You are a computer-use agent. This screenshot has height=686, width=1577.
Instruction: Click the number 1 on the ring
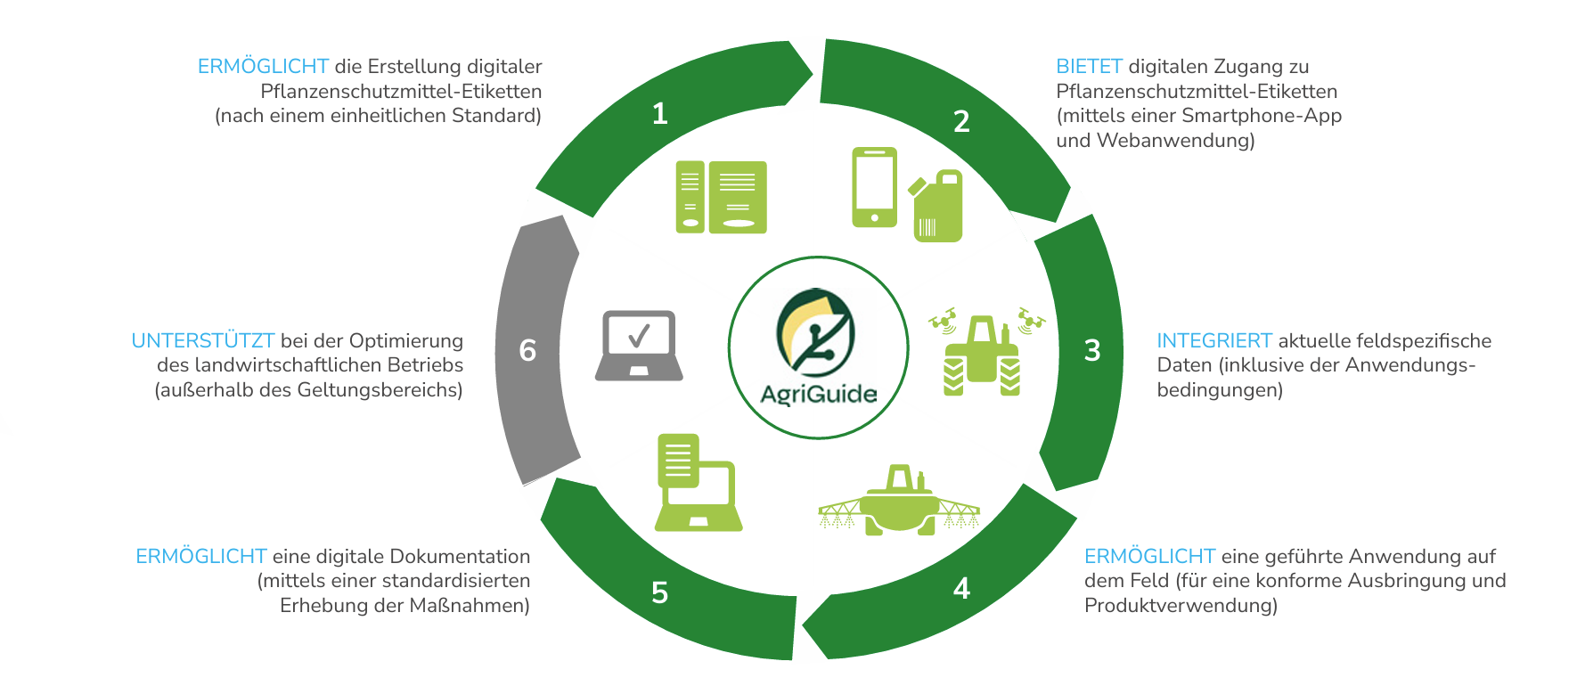(x=659, y=114)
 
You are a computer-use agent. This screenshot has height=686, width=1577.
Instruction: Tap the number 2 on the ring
(x=961, y=121)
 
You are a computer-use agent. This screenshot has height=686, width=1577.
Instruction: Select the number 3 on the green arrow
(x=1092, y=350)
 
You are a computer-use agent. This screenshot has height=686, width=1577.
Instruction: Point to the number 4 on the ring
(x=961, y=588)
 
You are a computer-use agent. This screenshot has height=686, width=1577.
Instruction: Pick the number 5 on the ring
(x=659, y=592)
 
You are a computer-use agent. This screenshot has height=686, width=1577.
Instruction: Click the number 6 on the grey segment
(x=527, y=350)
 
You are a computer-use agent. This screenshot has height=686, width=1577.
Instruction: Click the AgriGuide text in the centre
(x=818, y=393)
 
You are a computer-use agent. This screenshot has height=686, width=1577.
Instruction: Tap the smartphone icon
(x=874, y=187)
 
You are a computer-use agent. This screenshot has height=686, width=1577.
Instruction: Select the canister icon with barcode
(x=936, y=207)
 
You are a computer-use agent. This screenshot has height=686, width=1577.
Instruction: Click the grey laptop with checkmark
(x=639, y=346)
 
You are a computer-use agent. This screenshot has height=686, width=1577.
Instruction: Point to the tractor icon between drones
(x=982, y=355)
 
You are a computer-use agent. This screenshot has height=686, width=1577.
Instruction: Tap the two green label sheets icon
(x=721, y=197)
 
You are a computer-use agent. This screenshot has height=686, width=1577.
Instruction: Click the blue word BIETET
(x=1089, y=67)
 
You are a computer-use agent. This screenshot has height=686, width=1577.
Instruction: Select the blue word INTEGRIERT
(x=1213, y=341)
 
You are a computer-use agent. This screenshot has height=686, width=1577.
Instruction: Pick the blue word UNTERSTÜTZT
(x=203, y=341)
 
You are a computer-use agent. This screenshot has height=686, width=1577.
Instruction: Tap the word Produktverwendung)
(x=1181, y=606)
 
